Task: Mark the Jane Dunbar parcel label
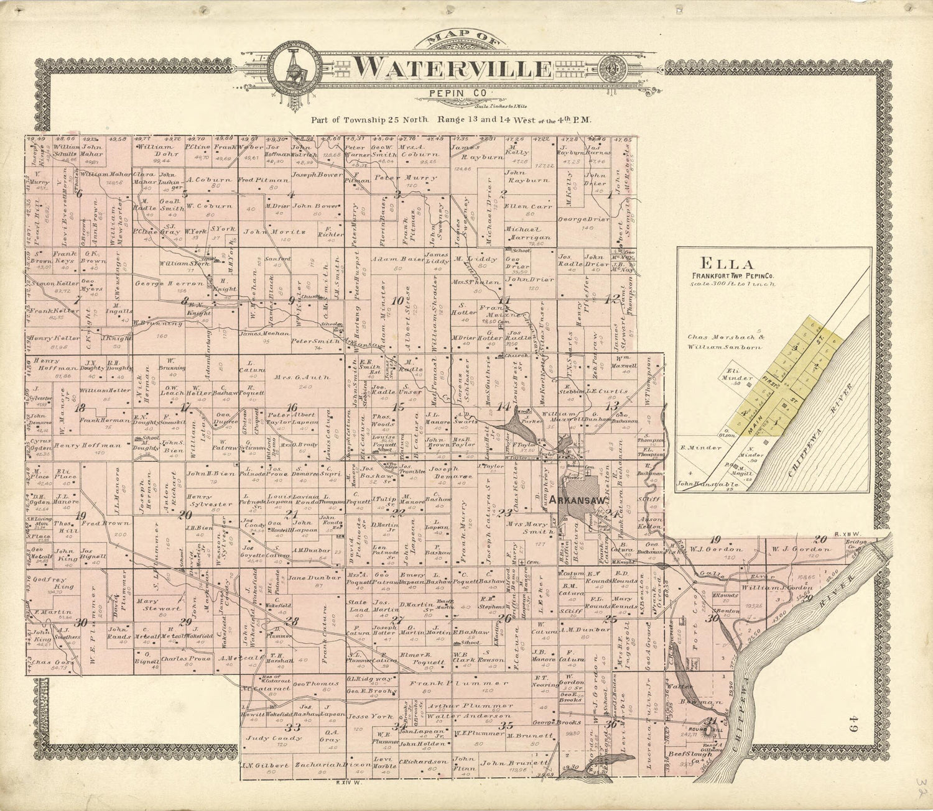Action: tap(308, 578)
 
